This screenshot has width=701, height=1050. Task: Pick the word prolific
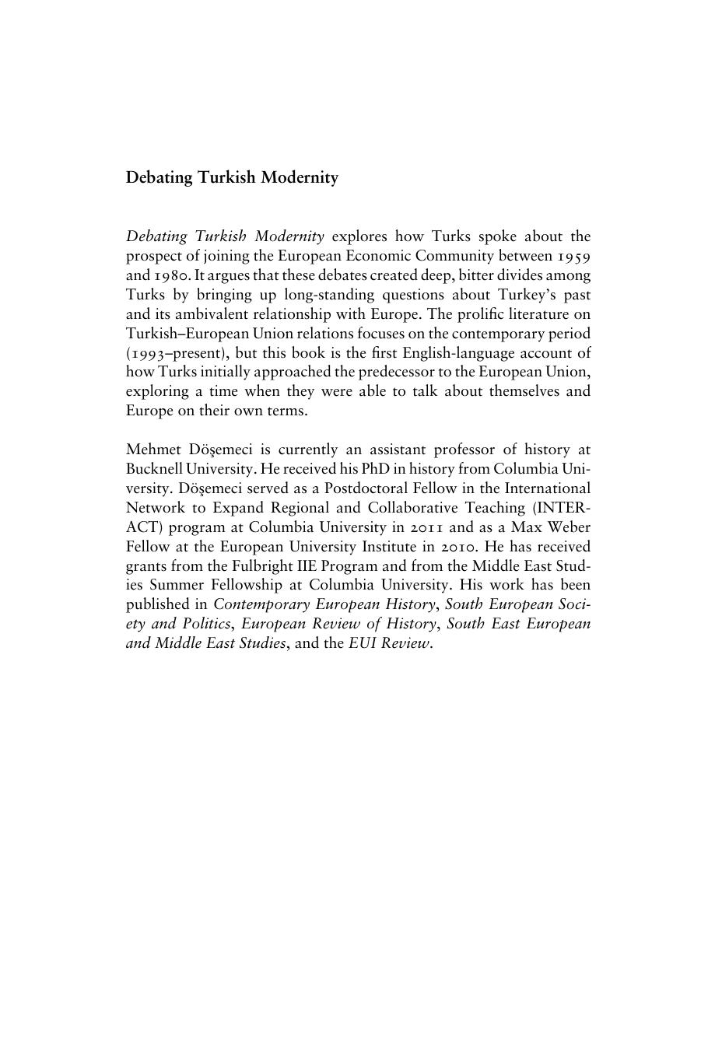tap(454, 314)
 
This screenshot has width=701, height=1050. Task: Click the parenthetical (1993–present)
tap(173, 353)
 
